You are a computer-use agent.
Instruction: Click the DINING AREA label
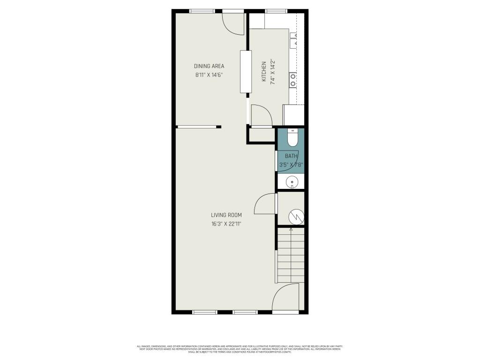coord(209,66)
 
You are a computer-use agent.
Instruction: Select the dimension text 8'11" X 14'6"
coord(209,75)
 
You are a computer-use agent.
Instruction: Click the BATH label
coord(291,156)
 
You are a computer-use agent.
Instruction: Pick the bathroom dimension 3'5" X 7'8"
coord(291,165)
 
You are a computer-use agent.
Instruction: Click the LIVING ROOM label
coord(226,215)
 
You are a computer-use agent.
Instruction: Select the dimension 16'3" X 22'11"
coord(226,224)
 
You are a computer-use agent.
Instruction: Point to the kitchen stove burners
coord(293,80)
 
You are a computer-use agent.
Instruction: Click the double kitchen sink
coord(294,41)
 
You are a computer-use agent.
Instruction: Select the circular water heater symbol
coord(296,216)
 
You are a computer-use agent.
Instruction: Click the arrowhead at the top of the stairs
coord(291,230)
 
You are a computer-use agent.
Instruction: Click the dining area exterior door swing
coord(233,23)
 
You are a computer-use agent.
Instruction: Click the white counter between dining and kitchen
coord(246,71)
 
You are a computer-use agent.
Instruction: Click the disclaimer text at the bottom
coord(240,349)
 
